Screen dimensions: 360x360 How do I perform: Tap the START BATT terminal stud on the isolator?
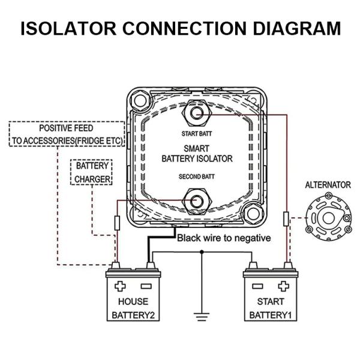pyautogui.click(x=196, y=113)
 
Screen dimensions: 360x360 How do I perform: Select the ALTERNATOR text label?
pyautogui.click(x=328, y=185)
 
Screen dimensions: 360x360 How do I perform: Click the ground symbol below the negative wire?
pyautogui.click(x=202, y=315)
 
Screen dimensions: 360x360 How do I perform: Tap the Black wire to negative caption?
pyautogui.click(x=223, y=238)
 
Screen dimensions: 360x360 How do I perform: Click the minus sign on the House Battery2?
pyautogui.click(x=146, y=286)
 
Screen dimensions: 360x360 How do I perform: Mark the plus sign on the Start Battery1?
pyautogui.click(x=284, y=286)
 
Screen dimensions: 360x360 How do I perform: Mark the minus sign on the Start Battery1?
pyautogui.click(x=257, y=286)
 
